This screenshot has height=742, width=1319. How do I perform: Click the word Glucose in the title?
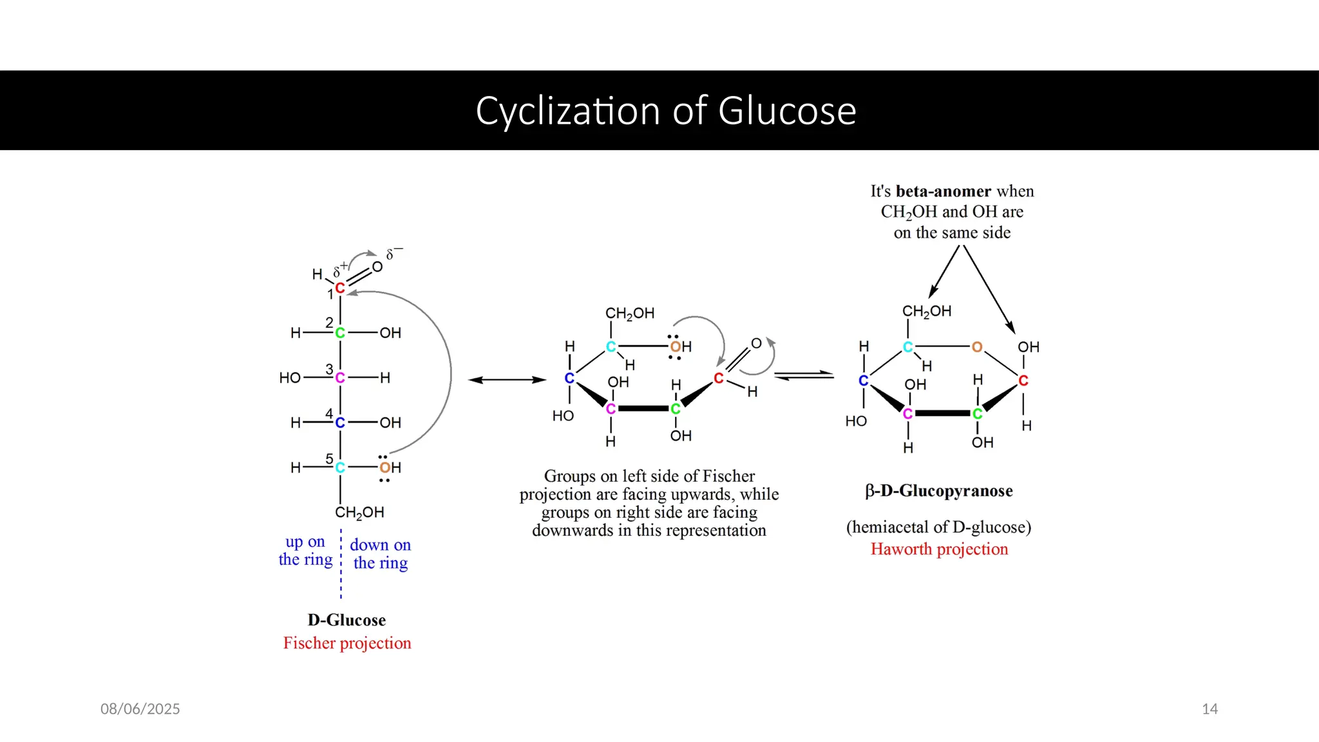click(x=787, y=111)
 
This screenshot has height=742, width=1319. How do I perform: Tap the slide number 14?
click(x=1210, y=709)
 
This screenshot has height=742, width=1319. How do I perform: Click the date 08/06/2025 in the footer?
click(x=140, y=709)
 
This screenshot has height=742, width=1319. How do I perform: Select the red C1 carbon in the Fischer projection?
click(x=340, y=288)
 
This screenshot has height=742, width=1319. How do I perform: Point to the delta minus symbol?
click(x=394, y=253)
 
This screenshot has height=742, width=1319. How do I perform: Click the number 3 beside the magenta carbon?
click(x=329, y=369)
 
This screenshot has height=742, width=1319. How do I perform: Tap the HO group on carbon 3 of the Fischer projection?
click(x=290, y=378)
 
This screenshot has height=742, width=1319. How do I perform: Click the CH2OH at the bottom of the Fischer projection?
click(x=359, y=513)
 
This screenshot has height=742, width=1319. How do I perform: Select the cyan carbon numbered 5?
click(x=340, y=468)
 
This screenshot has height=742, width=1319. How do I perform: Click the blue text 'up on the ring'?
click(x=305, y=551)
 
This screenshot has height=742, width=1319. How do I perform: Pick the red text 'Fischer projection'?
click(x=347, y=643)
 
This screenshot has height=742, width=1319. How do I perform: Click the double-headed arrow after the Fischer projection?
click(x=507, y=380)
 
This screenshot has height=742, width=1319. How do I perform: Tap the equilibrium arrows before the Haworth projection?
click(x=803, y=376)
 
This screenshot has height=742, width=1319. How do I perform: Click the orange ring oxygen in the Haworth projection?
click(x=977, y=347)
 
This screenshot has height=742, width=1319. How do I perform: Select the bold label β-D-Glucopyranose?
click(x=939, y=491)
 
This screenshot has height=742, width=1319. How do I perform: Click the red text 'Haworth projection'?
click(x=939, y=549)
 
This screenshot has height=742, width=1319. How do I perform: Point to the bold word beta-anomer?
click(x=943, y=191)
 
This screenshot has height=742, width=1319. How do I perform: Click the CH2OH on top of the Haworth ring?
click(x=926, y=311)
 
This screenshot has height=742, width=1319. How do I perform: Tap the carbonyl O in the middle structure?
click(x=757, y=344)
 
